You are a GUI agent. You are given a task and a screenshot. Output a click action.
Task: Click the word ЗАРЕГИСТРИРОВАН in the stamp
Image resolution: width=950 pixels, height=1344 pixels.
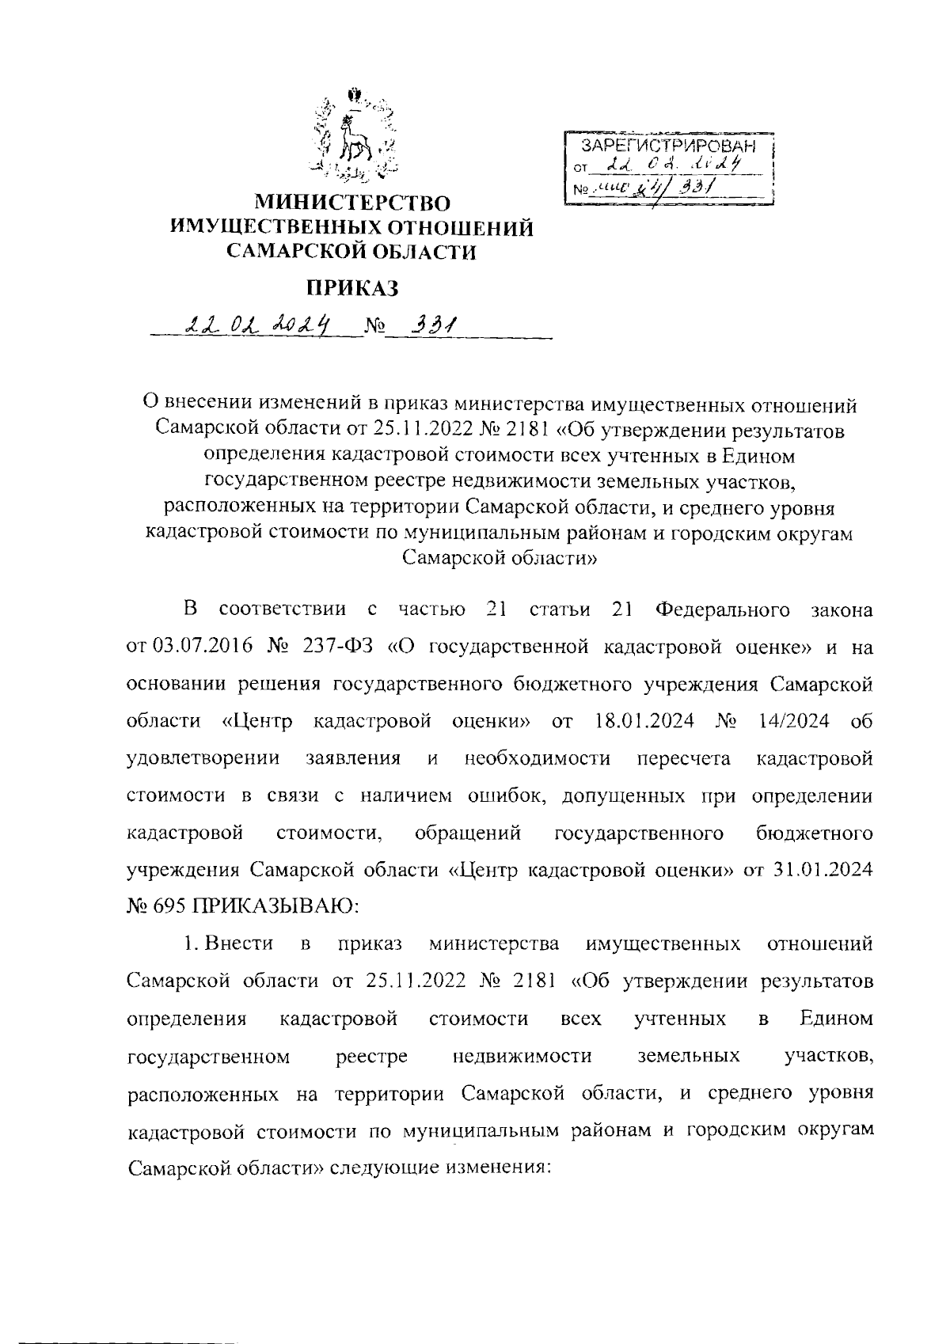coord(668,146)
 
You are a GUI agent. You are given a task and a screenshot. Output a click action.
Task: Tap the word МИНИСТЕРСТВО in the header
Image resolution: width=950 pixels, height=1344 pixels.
coord(353,204)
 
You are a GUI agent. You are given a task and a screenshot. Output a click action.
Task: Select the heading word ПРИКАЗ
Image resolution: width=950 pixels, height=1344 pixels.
coord(353,289)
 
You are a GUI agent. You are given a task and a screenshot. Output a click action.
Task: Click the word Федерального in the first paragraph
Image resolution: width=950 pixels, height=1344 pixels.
coord(724,609)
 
